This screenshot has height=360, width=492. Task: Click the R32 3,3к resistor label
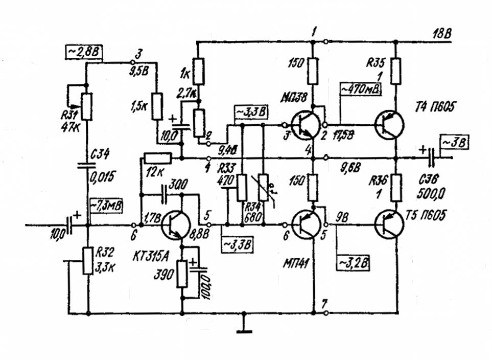(105, 260)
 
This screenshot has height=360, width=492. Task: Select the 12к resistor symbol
(157, 159)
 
